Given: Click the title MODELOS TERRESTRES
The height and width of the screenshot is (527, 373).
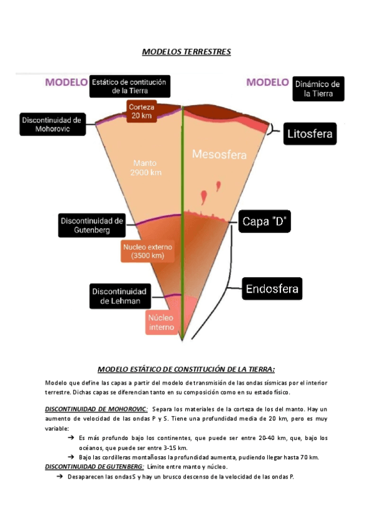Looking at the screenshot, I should [186, 52].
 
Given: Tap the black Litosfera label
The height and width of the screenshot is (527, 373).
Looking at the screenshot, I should [310, 133].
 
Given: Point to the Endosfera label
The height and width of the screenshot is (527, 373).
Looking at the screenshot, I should [272, 289].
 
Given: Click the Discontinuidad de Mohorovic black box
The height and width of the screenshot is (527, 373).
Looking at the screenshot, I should [52, 124].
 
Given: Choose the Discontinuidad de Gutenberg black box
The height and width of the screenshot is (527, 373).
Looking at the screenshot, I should [93, 225].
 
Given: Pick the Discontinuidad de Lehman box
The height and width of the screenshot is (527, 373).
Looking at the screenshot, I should [119, 296].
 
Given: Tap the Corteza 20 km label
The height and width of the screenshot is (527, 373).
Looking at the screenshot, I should [142, 111].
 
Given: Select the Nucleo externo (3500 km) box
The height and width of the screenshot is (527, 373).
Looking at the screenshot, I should [148, 250].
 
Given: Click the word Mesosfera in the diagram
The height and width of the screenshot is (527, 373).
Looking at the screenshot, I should [216, 154].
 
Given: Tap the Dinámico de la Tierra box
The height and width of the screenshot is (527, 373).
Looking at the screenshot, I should [318, 89].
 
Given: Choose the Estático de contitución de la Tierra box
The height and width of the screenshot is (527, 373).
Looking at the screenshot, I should [131, 86].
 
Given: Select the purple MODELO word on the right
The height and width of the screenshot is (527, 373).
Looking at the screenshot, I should [267, 82].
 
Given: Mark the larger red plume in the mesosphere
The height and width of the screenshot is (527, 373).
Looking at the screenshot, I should [204, 197].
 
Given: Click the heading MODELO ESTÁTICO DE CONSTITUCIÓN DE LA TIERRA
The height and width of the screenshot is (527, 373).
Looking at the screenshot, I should [186, 368].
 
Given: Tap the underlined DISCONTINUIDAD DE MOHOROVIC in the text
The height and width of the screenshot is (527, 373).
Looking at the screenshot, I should [96, 409].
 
